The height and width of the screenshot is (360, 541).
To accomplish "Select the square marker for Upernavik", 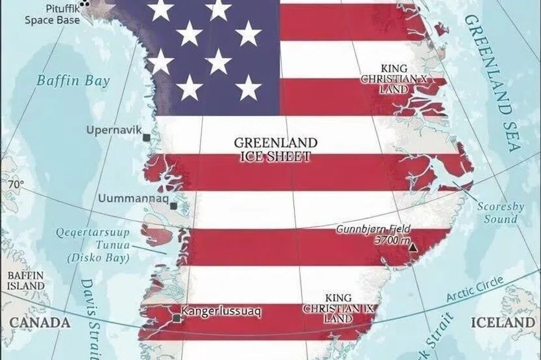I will click(x=147, y=137).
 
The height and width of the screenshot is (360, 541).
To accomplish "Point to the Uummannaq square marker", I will click(x=174, y=206).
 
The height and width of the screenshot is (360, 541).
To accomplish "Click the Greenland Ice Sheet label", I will click(x=276, y=149).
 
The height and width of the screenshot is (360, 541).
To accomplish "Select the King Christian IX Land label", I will click(x=338, y=308).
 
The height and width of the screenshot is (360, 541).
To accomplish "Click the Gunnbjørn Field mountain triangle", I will click(x=414, y=247).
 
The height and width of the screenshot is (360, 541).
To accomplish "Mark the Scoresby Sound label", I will click(x=496, y=212).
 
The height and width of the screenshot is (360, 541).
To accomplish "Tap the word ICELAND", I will click(x=503, y=323).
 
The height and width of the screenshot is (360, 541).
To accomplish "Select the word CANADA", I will click(x=41, y=323).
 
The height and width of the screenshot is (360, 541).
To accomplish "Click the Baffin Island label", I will click(x=25, y=281).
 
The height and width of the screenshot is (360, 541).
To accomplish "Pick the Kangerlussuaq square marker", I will click(x=178, y=318).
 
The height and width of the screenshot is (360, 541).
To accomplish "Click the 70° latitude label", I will click(x=16, y=184).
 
